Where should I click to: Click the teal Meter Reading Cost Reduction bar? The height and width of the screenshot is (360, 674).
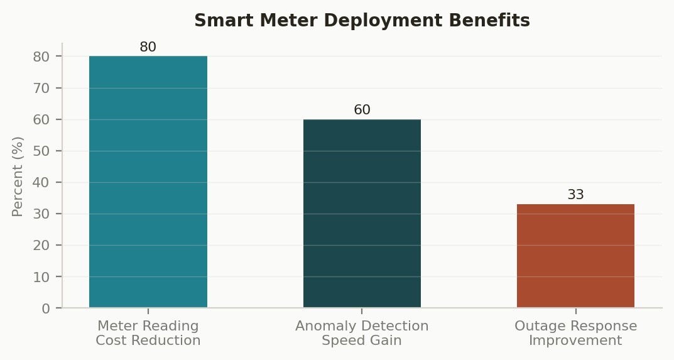148,182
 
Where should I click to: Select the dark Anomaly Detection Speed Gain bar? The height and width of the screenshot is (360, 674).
362,214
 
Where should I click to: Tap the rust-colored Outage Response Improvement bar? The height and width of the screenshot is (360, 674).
575,256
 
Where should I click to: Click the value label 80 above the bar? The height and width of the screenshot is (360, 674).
148,47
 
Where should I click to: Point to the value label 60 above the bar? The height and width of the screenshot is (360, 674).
362,110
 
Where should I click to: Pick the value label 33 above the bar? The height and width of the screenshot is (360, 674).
575,194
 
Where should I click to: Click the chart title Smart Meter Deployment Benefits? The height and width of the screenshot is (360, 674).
362,20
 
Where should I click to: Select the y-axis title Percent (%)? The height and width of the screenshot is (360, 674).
17,177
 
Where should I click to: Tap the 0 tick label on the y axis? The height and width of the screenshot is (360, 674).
46,309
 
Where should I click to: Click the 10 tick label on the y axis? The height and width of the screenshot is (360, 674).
41,278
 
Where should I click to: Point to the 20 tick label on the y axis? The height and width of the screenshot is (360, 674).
41,246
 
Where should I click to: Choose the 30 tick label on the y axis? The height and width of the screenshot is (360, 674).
41,214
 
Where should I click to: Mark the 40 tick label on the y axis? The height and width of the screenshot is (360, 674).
41,183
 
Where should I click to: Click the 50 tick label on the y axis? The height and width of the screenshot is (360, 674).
41,151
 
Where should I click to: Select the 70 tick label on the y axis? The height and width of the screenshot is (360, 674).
41,89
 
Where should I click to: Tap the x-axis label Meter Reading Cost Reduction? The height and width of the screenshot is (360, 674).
148,333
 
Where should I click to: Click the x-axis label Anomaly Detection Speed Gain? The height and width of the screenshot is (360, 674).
362,333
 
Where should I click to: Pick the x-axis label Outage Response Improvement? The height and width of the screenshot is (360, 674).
575,333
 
